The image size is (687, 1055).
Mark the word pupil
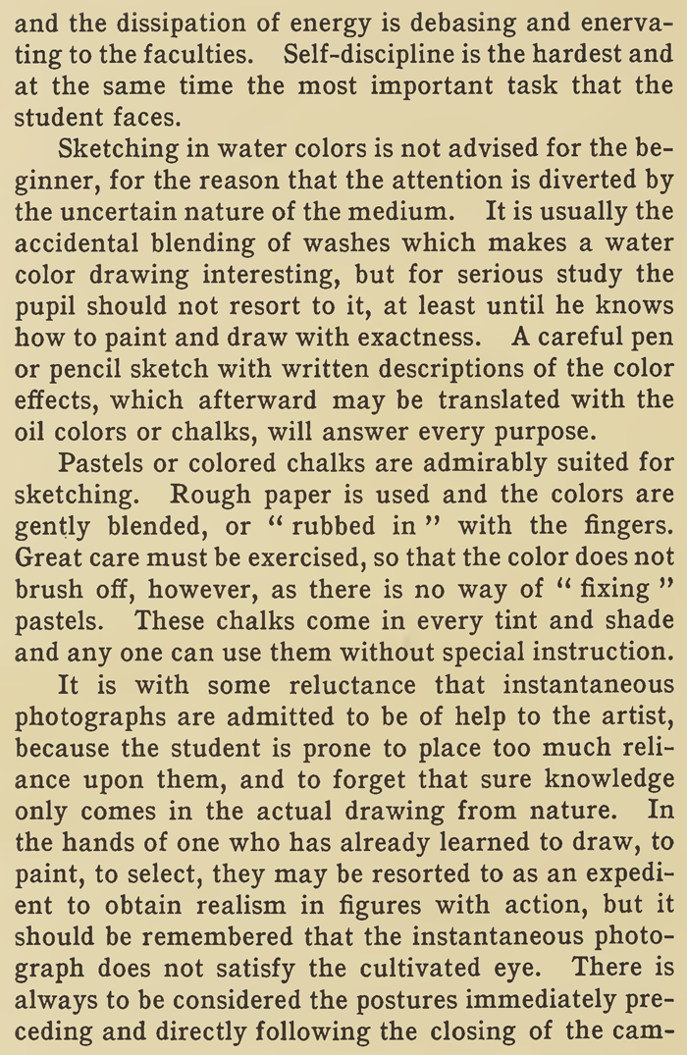[42, 308]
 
